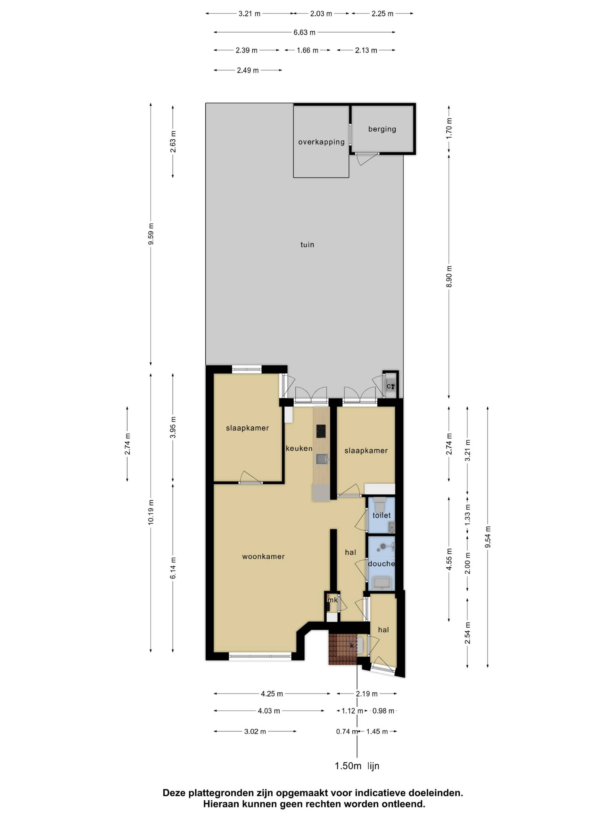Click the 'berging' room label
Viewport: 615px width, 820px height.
[x=382, y=129]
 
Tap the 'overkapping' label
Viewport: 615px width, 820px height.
[x=321, y=142]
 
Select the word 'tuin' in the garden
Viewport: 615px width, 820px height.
[x=307, y=245]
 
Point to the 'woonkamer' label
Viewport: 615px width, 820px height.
[x=263, y=556]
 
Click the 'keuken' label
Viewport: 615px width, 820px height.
[x=299, y=448]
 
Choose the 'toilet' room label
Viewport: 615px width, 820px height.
[x=381, y=515]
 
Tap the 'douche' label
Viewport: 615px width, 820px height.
[x=381, y=564]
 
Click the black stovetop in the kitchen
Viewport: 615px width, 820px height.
[x=321, y=431]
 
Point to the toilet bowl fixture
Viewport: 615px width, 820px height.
[x=380, y=504]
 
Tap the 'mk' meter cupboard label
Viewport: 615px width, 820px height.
[x=332, y=600]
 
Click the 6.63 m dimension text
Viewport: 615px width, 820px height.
[x=304, y=32]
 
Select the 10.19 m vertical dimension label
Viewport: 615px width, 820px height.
[x=151, y=512]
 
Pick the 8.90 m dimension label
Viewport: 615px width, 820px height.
[x=449, y=276]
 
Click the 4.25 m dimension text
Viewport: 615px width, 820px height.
[x=272, y=693]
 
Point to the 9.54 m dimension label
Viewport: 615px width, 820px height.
[x=488, y=537]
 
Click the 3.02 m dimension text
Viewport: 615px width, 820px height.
[x=255, y=731]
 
